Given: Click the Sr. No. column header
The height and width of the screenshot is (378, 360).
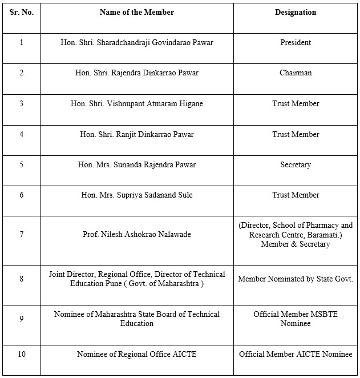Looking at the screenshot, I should click(22, 13).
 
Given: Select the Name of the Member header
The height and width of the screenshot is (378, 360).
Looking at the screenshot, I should click(137, 13).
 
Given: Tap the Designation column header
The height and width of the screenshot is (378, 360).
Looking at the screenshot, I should click(296, 13).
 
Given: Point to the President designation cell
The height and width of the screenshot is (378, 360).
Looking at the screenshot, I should click(296, 43).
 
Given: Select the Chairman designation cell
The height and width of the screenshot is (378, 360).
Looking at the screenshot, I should click(296, 73).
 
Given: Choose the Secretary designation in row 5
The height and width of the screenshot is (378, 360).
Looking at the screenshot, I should click(296, 165).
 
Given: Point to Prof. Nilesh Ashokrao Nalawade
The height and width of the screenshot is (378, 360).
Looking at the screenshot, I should click(137, 235).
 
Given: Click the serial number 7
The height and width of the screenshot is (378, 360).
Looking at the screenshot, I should click(22, 235).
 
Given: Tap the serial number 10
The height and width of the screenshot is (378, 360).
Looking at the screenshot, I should click(22, 355).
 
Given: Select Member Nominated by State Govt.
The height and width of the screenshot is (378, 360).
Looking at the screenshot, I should click(296, 279).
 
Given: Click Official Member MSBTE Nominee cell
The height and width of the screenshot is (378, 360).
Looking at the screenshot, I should click(296, 319).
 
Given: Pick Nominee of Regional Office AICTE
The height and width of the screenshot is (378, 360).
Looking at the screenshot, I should click(137, 355).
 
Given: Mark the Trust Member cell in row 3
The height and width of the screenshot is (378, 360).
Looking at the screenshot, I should click(296, 104).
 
